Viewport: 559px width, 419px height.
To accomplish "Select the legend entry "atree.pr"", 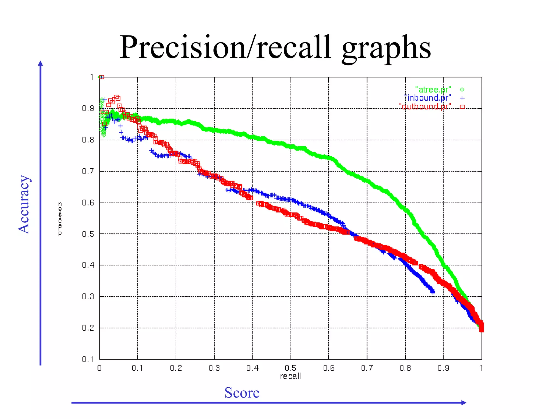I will pyautogui.click(x=433, y=90).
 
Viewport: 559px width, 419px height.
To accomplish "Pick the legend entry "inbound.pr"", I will pyautogui.click(x=428, y=98).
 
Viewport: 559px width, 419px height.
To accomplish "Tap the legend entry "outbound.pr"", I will pyautogui.click(x=425, y=106).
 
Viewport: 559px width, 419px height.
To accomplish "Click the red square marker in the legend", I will pyautogui.click(x=462, y=107).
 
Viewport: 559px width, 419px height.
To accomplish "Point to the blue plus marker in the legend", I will pyautogui.click(x=462, y=98).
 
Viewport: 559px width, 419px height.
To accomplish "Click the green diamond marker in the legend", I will pyautogui.click(x=462, y=89).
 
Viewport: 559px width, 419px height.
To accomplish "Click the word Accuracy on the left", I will pyautogui.click(x=24, y=205).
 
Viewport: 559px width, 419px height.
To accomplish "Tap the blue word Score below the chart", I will pyautogui.click(x=242, y=393).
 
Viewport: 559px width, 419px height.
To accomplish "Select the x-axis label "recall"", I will pyautogui.click(x=290, y=376).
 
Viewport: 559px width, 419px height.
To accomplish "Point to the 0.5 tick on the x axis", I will pyautogui.click(x=290, y=368).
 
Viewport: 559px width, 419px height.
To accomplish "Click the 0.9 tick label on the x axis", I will pyautogui.click(x=443, y=368).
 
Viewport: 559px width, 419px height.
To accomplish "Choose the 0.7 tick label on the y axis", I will pyautogui.click(x=88, y=171).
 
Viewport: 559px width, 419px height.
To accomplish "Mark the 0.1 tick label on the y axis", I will pyautogui.click(x=88, y=359).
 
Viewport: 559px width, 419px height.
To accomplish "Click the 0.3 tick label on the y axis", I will pyautogui.click(x=88, y=297).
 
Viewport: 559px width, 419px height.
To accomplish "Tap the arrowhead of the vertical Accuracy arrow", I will pyautogui.click(x=40, y=63).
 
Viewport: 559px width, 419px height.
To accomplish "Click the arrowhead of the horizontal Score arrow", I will pyautogui.click(x=464, y=403).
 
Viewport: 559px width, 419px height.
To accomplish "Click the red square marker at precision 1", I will pyautogui.click(x=102, y=77).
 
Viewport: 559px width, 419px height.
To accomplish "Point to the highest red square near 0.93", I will pyautogui.click(x=117, y=98).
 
